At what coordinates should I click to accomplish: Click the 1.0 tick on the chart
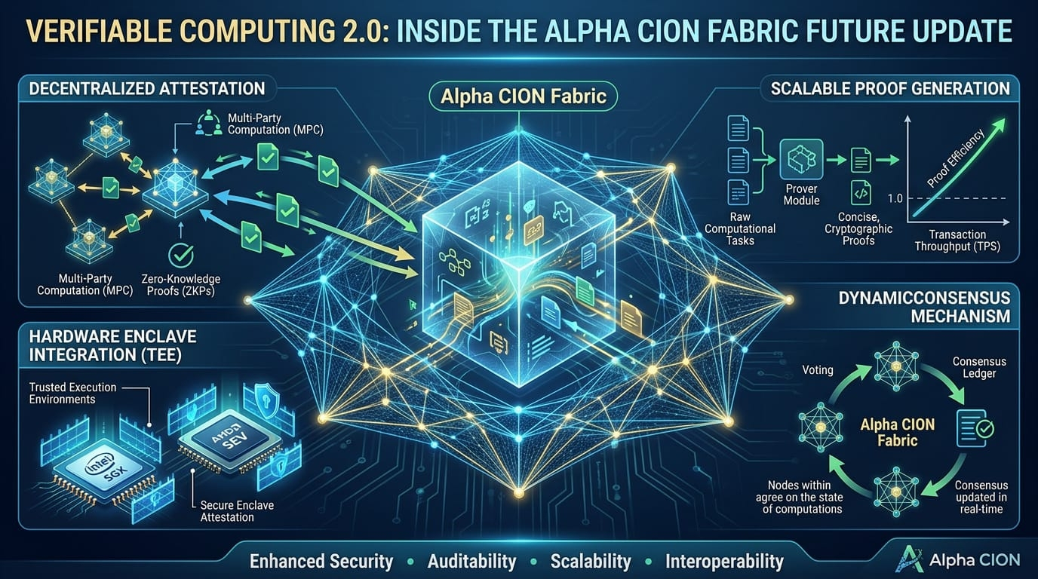click(895, 198)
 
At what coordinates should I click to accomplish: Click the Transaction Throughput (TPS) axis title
click(957, 240)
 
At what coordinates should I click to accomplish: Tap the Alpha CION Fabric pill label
click(518, 97)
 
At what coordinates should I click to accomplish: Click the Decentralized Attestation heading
click(146, 88)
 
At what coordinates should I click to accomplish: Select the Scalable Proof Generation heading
click(890, 88)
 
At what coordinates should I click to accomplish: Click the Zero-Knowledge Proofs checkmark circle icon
click(180, 255)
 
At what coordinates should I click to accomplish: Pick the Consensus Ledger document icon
click(974, 428)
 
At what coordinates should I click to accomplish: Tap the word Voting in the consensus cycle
click(818, 370)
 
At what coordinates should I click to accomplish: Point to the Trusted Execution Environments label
click(72, 393)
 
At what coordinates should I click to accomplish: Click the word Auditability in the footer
click(471, 561)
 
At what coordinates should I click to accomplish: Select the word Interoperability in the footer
click(724, 561)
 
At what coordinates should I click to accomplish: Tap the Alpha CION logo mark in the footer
click(908, 560)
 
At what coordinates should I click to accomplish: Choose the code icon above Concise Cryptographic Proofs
click(861, 192)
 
